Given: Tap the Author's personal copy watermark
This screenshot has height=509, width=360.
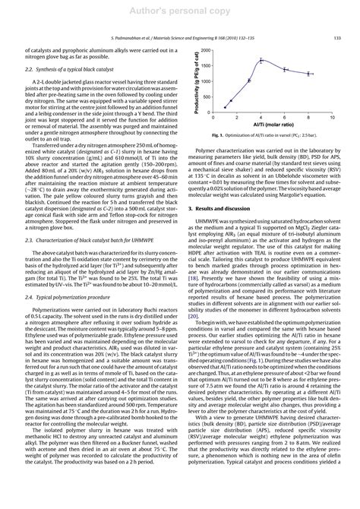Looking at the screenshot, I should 180,11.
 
